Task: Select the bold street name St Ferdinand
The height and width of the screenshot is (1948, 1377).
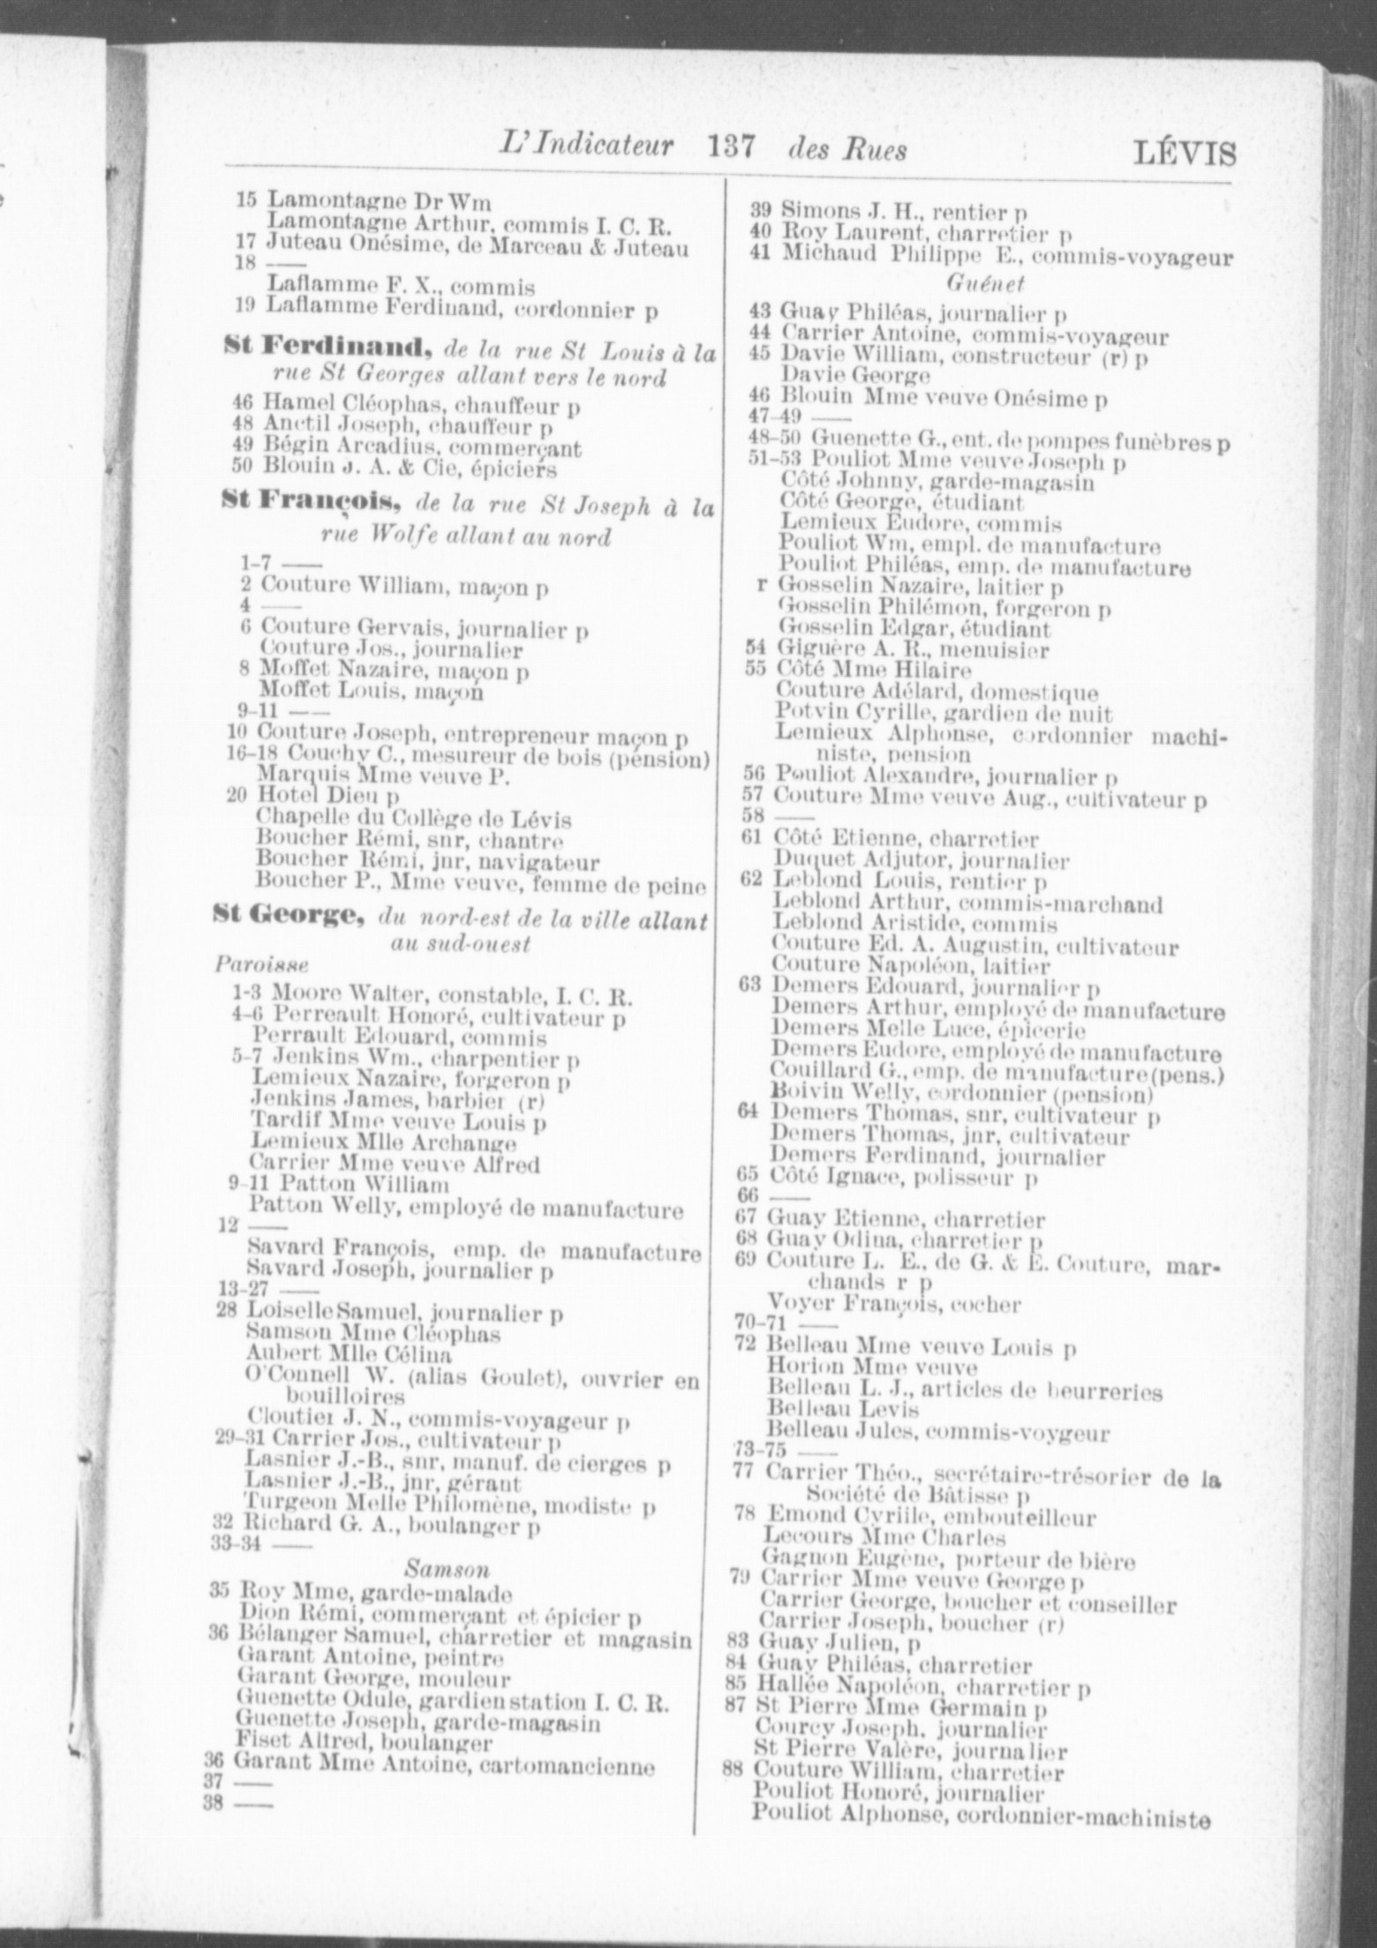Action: coord(327,348)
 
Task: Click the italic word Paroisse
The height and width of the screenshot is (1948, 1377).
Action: coord(249,964)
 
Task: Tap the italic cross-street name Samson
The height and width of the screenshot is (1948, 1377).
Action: coord(448,1570)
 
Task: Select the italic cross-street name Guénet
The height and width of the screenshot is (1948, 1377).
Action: coord(984,283)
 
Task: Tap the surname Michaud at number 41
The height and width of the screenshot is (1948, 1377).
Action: coord(816,255)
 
